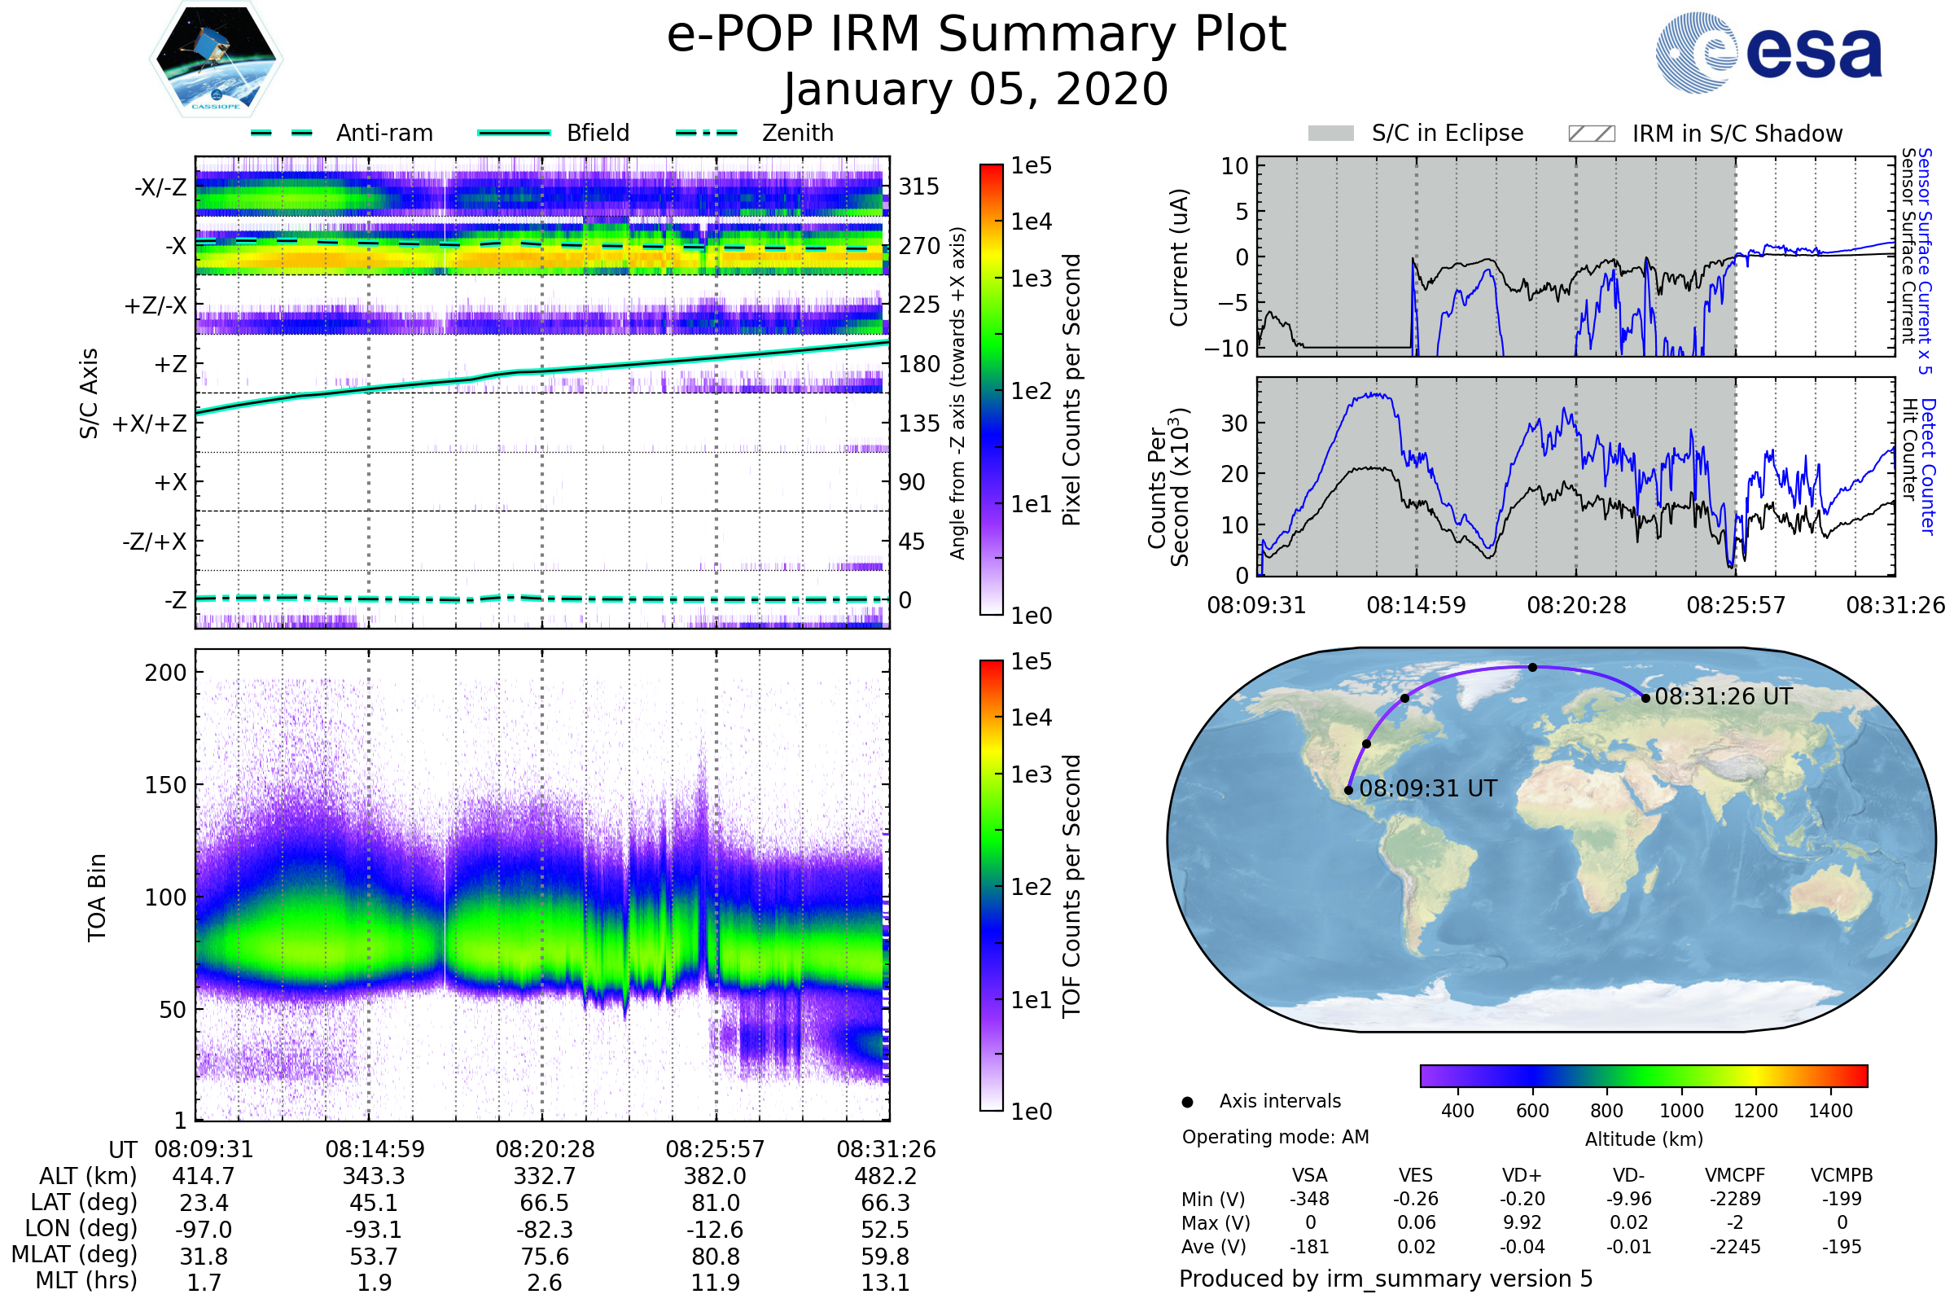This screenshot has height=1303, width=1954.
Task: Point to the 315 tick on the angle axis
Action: point(918,187)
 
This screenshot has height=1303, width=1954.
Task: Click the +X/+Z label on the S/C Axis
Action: point(150,423)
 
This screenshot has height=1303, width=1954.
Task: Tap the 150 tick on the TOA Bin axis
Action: point(165,785)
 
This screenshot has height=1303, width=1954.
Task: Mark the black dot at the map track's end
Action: point(1645,698)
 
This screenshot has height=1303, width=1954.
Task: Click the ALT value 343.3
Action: point(374,1177)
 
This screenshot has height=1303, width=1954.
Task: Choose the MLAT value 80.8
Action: point(716,1257)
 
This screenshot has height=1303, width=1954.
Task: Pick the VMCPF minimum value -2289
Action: point(1735,1199)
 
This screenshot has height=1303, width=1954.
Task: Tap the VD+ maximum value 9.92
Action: point(1522,1222)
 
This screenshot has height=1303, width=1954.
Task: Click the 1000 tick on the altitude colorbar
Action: point(1680,1111)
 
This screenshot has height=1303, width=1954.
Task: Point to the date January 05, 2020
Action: point(976,90)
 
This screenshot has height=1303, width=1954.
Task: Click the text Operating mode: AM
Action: point(1275,1137)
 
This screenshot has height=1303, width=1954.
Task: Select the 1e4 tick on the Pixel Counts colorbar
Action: point(1031,222)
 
